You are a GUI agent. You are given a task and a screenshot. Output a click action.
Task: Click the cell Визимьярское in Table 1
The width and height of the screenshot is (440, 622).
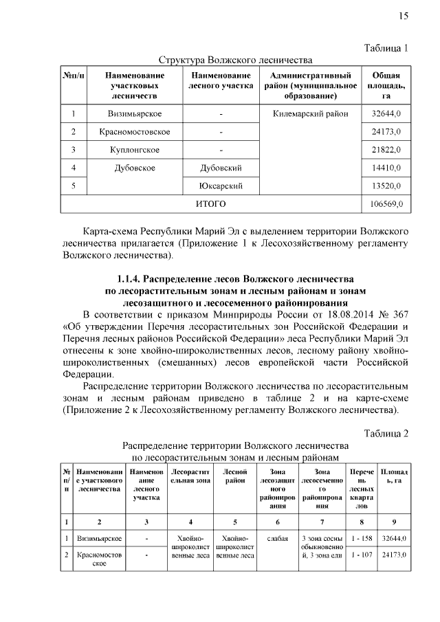[135, 113]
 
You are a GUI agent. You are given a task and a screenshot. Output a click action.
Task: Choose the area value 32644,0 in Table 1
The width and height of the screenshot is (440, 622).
[386, 113]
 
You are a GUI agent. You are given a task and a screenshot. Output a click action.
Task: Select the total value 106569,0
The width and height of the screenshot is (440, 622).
[386, 204]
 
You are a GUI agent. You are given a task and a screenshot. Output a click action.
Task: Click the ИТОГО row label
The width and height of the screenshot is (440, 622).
[210, 204]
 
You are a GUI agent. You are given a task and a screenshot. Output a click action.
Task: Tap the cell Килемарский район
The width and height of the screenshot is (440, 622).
[311, 113]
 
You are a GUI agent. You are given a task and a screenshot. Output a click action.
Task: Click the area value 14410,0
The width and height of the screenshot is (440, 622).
[386, 168]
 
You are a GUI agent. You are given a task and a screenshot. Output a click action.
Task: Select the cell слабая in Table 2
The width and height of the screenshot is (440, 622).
[277, 538]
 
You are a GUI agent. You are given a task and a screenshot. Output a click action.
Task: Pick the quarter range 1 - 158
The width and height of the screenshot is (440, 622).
[361, 538]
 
